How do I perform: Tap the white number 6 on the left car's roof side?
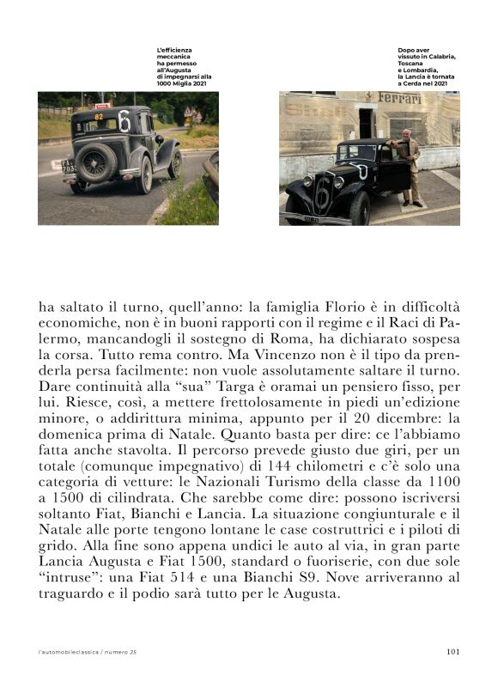tap(125, 122)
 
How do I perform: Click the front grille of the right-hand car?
tap(322, 192)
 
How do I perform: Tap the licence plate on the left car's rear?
tap(67, 163)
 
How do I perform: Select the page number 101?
tap(454, 652)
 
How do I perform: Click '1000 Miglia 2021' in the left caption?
tap(179, 83)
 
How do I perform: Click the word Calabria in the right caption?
tap(436, 57)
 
